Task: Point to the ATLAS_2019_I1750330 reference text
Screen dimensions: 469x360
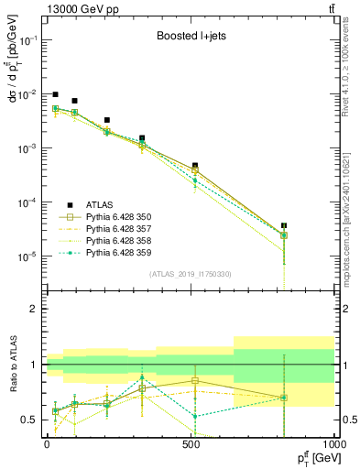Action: pos(190,274)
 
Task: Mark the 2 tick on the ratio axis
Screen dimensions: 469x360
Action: pos(37,309)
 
